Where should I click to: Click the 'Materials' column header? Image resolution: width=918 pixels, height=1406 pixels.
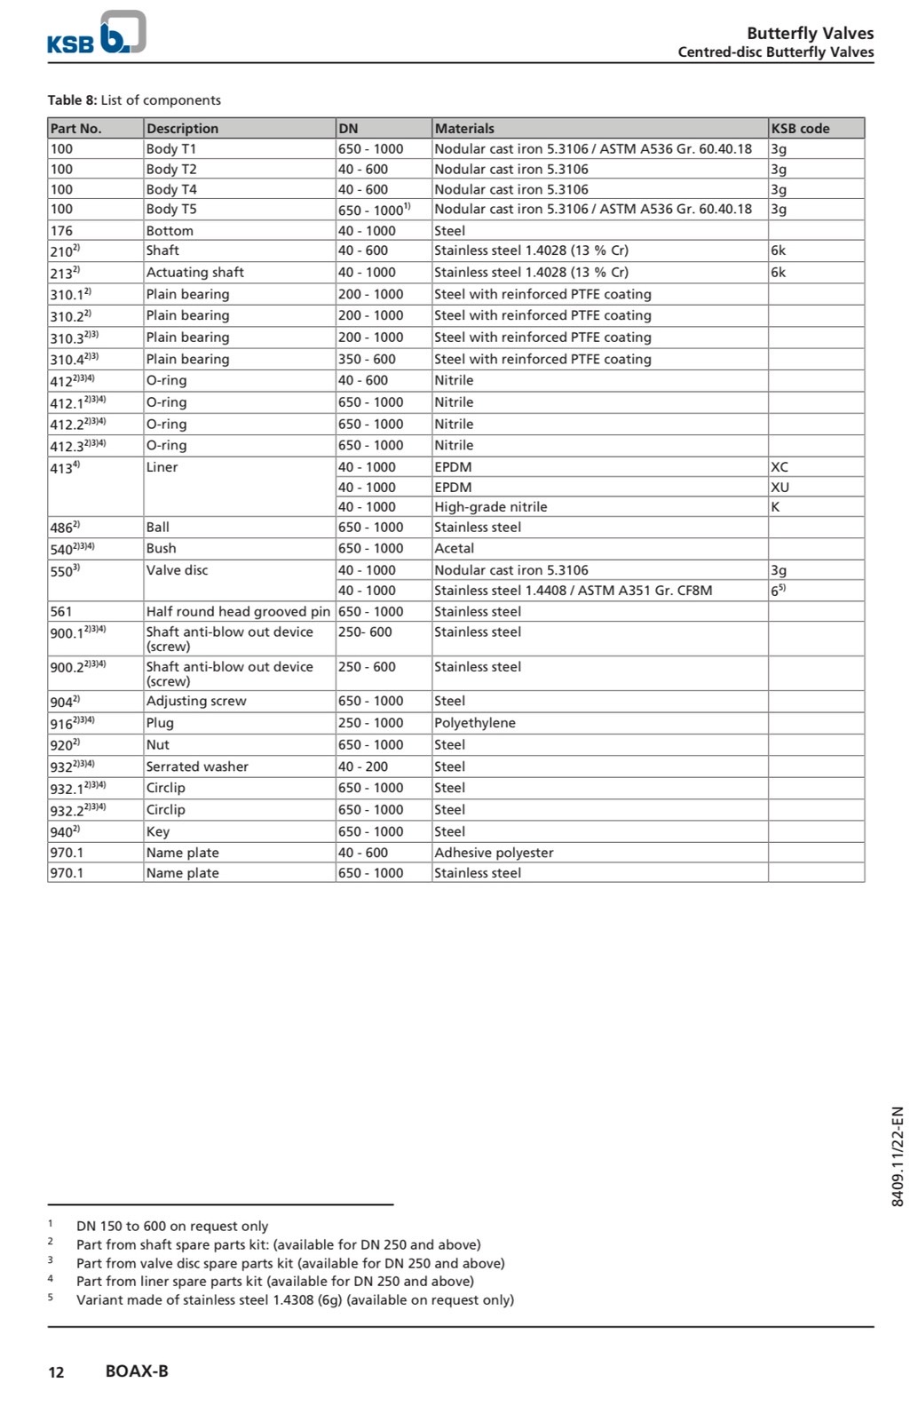pos(464,129)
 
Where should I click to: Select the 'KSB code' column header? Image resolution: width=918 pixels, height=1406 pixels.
pos(800,129)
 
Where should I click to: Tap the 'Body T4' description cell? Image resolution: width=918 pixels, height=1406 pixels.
pos(171,189)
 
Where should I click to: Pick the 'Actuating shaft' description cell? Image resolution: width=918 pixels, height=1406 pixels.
pos(194,273)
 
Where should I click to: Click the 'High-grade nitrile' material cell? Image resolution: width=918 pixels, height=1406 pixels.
pos(490,507)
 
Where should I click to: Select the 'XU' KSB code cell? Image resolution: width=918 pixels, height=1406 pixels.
pos(780,488)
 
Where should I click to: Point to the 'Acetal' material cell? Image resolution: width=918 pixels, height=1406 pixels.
pos(454,549)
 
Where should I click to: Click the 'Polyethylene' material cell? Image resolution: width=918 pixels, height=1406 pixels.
pos(474,723)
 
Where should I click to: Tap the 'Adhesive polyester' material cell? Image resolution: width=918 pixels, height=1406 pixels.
pos(494,853)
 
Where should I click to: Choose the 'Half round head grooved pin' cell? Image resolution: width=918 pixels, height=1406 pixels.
pos(238,612)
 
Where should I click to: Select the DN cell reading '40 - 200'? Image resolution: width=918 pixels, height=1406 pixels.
pos(363,767)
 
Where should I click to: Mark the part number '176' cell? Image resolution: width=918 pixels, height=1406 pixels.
pos(61,231)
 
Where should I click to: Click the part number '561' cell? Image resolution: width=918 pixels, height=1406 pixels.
pos(61,612)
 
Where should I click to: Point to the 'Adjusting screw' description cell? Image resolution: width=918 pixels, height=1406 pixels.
pos(196,702)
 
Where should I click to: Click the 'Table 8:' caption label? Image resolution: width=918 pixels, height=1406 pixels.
pos(72,100)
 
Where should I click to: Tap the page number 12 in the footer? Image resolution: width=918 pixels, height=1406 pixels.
pos(56,1372)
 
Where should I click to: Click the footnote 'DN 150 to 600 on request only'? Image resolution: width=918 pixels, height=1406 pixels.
pos(172,1227)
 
